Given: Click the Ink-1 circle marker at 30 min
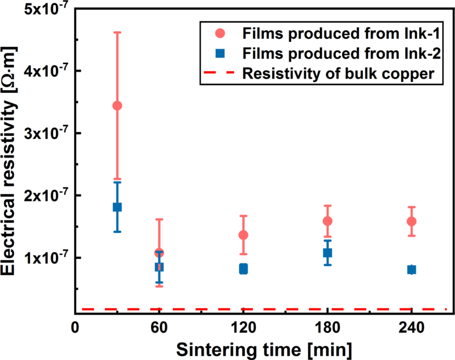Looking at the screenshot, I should pos(117,106).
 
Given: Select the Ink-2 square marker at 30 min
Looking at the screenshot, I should pos(117,207).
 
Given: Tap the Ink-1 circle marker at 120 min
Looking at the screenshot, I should pos(243,235).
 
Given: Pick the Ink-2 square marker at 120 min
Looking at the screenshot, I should pos(243,269).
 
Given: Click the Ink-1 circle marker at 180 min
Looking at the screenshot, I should pos(328,221).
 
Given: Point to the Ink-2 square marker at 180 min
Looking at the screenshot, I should pos(328,253).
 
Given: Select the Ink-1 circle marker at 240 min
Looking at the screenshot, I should pos(412,221).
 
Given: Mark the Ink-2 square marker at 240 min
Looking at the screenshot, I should pos(412,270).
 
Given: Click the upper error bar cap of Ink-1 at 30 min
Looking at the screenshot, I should pos(117,32).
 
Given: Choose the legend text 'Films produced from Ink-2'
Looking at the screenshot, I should pos(341,54).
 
